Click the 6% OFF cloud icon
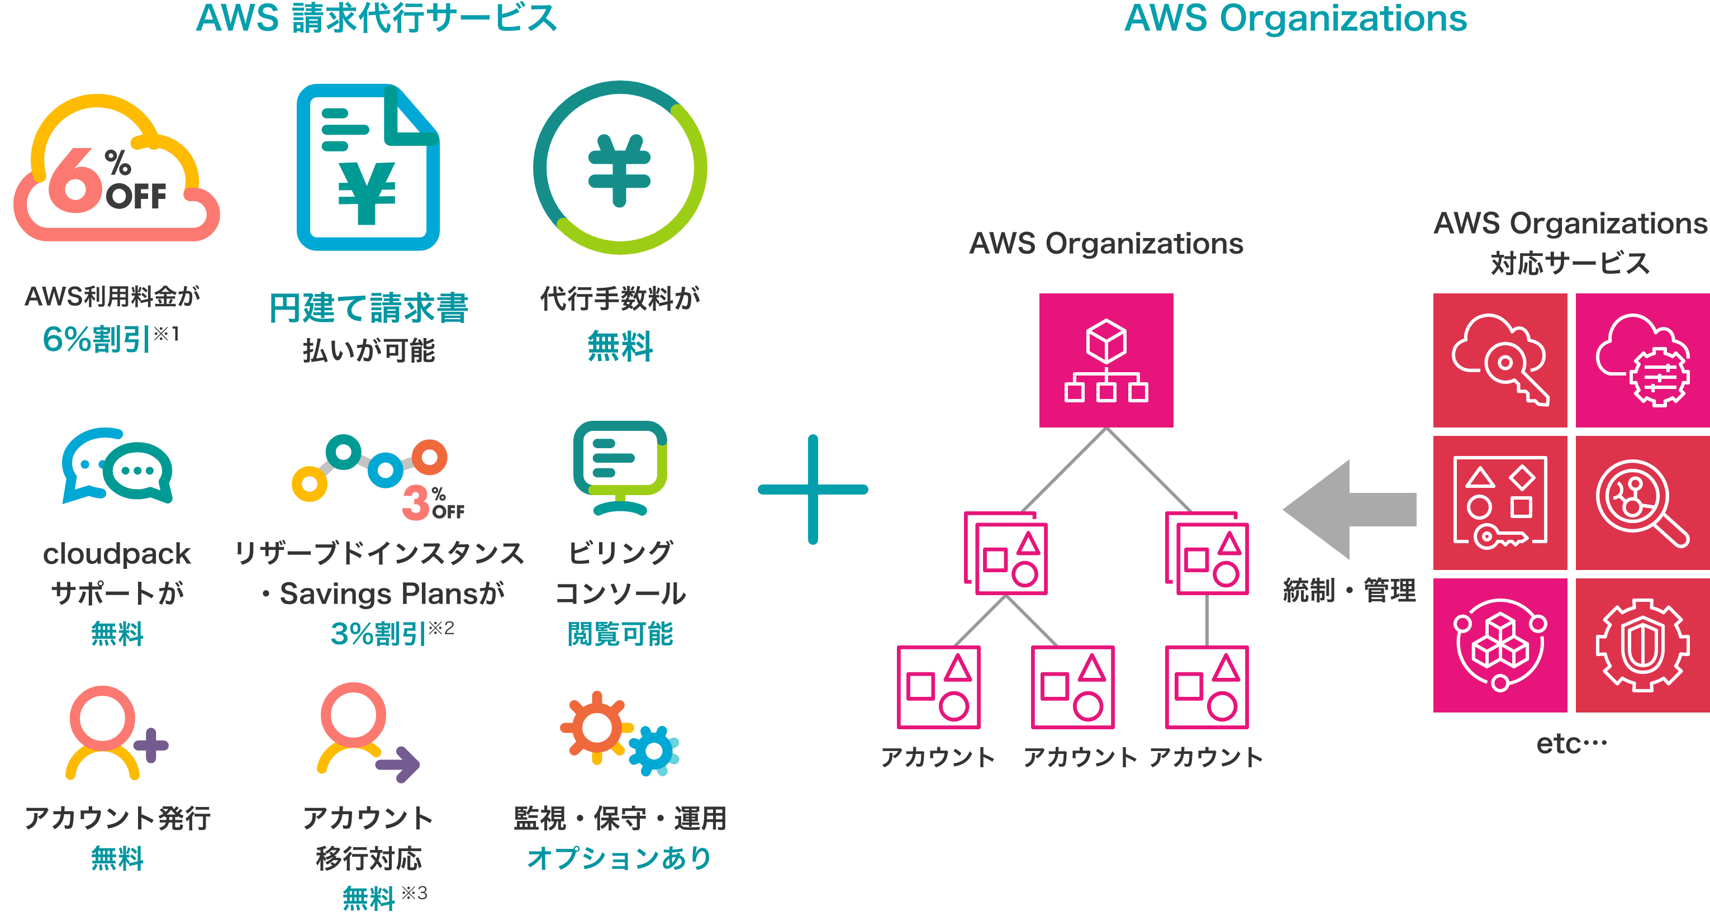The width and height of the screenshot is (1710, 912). tap(116, 169)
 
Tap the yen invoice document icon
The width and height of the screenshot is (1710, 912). tap(368, 167)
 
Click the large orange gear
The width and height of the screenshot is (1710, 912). tap(595, 728)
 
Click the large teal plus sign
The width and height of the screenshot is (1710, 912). tap(813, 490)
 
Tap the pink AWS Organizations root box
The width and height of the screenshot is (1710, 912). tap(1106, 360)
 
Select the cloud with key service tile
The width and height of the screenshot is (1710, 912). tap(1500, 360)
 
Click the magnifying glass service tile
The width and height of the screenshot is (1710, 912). tap(1642, 503)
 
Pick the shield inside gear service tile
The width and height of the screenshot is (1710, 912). tap(1642, 645)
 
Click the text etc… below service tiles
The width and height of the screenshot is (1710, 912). tap(1572, 744)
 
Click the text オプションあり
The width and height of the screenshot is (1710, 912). tap(619, 858)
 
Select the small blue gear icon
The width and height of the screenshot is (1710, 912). tap(654, 750)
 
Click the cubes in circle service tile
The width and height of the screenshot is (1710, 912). tap(1500, 645)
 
